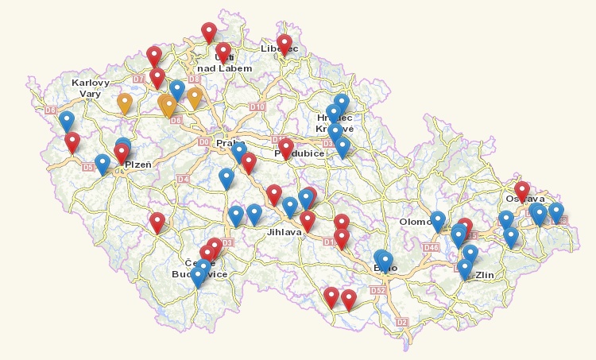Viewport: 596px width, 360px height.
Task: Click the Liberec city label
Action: click(279, 49)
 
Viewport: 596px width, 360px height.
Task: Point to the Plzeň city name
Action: click(138, 164)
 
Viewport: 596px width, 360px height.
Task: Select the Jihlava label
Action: click(285, 232)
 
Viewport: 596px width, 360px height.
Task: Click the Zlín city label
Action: click(484, 275)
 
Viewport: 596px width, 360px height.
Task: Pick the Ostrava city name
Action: click(524, 199)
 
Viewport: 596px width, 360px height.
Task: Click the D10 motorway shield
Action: click(256, 106)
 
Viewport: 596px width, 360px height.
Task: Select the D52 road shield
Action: click(377, 290)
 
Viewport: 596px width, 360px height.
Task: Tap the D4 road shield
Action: click(183, 180)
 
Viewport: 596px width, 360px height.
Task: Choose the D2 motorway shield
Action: click(401, 322)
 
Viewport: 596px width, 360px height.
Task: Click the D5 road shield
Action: click(88, 167)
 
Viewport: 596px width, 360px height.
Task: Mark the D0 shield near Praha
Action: click(204, 142)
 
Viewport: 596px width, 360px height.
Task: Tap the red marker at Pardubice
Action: click(286, 145)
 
